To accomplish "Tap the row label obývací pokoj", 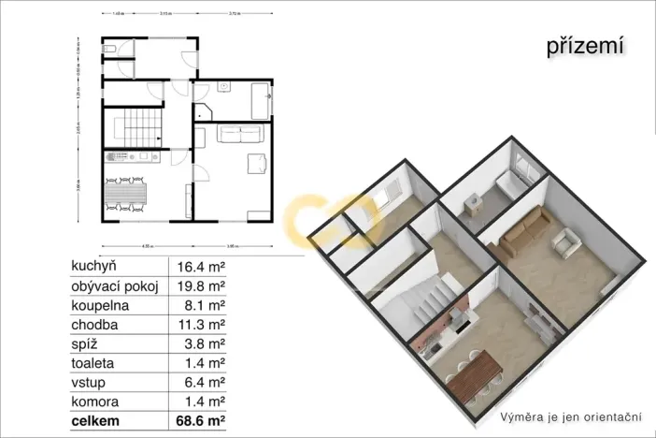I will pyautogui.click(x=115, y=285).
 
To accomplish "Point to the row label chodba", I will pyautogui.click(x=94, y=325).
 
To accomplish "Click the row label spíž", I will pyautogui.click(x=85, y=344).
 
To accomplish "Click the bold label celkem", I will pyautogui.click(x=97, y=423).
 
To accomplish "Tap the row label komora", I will pyautogui.click(x=96, y=402).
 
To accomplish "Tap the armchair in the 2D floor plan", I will pyautogui.click(x=255, y=165).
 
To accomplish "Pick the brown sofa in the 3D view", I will pyautogui.click(x=522, y=235).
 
